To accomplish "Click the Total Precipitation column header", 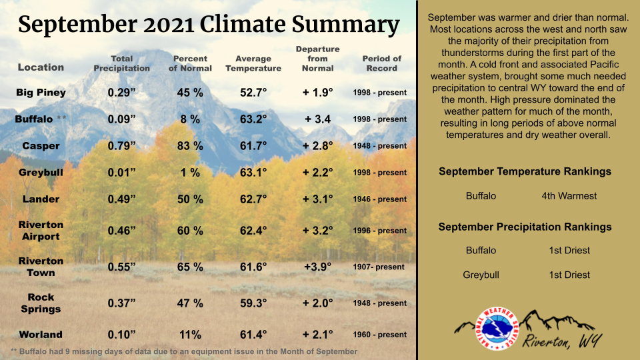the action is (x=121, y=64).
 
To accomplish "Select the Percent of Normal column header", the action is (x=190, y=64).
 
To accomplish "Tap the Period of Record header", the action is (x=381, y=64).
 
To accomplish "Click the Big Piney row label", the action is (x=41, y=93).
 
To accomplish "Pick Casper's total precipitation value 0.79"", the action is (x=121, y=146).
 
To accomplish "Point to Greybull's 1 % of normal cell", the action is (x=190, y=173).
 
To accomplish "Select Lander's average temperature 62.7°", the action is (x=253, y=199).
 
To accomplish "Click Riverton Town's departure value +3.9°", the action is (x=317, y=267).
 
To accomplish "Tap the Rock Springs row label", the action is (x=41, y=303).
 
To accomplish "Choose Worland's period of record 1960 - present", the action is (x=379, y=335).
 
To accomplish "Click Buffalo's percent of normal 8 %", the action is (x=190, y=119).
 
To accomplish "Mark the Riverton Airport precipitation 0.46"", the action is (x=121, y=231).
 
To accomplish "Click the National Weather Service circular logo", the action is (x=497, y=329).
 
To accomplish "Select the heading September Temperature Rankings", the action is (x=525, y=171).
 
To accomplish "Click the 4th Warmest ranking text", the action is (x=569, y=196).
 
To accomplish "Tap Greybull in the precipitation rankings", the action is (x=481, y=275).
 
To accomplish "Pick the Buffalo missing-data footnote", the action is (x=184, y=351).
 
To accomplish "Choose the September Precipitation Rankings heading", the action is (x=525, y=227).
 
